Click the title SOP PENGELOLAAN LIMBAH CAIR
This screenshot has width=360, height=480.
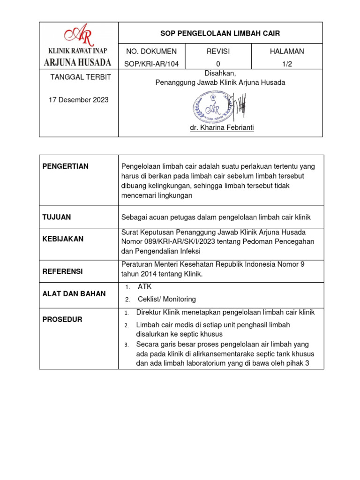[220, 33]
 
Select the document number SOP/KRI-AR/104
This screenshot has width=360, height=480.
[152, 64]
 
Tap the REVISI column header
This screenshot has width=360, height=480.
[218, 51]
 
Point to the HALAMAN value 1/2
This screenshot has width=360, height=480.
[287, 64]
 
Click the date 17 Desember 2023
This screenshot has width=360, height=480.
[79, 100]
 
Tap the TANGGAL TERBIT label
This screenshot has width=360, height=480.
[81, 77]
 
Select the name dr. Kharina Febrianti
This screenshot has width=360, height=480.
[222, 127]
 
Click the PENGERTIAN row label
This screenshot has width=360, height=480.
[66, 166]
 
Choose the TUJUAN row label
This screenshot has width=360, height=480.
[56, 217]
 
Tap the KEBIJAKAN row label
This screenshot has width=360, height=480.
[63, 239]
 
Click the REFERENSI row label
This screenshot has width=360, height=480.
[63, 271]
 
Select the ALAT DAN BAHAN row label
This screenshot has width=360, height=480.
[74, 294]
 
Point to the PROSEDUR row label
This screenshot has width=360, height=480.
[62, 320]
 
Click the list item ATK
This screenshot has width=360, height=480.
[144, 287]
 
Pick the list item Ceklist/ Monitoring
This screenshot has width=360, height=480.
[166, 299]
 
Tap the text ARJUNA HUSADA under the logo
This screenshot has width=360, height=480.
[78, 62]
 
